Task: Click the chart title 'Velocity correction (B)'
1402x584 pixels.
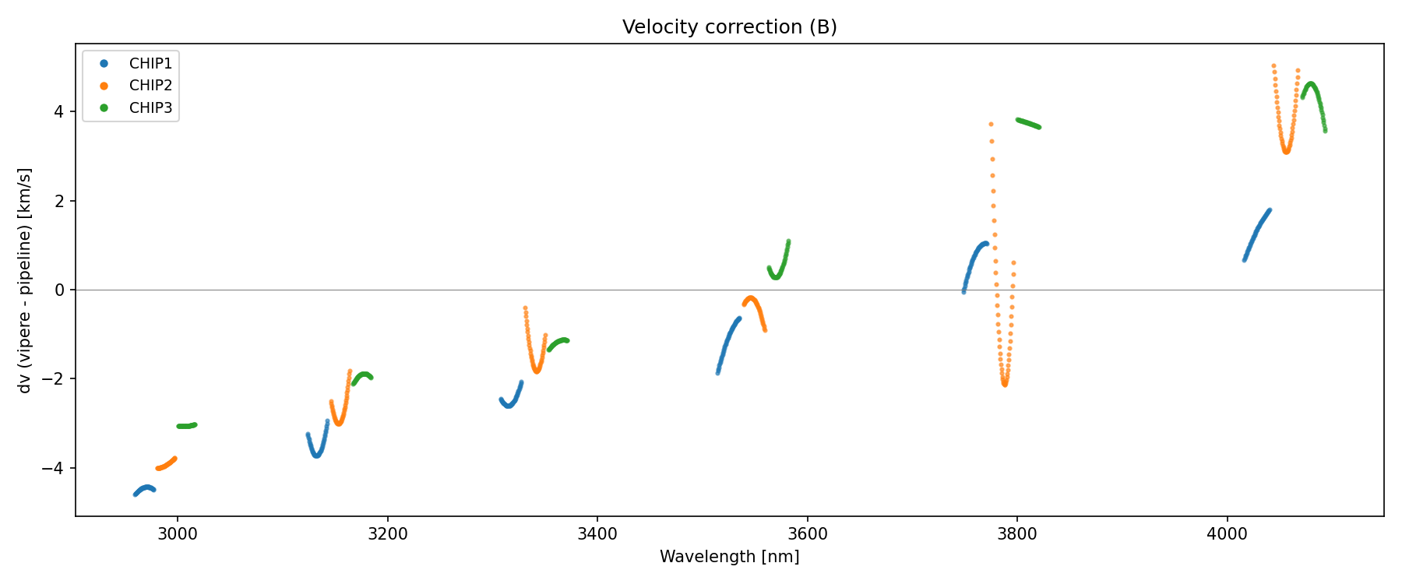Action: click(729, 27)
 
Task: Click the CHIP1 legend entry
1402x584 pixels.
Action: click(150, 64)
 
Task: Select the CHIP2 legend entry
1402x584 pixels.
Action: click(150, 86)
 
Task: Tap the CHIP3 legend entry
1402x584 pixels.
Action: click(150, 108)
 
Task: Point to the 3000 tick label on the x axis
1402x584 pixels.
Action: click(178, 534)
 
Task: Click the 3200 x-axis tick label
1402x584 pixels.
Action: click(387, 534)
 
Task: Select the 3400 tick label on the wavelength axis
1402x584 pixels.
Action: click(597, 534)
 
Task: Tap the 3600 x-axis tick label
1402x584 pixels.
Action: click(807, 534)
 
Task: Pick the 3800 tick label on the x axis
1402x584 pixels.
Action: click(1017, 534)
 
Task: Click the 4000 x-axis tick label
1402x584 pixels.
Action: click(1227, 534)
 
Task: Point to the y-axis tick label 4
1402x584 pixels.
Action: click(59, 112)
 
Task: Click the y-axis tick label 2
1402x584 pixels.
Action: click(59, 201)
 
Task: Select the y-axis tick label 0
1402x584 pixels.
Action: click(59, 290)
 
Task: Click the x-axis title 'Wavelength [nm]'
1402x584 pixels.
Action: click(729, 557)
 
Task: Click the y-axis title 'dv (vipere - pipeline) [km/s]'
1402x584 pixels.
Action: click(25, 280)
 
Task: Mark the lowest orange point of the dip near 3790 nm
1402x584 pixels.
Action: click(1005, 384)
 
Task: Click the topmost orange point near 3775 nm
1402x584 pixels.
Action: click(991, 124)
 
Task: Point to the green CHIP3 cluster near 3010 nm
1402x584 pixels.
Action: click(187, 426)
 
